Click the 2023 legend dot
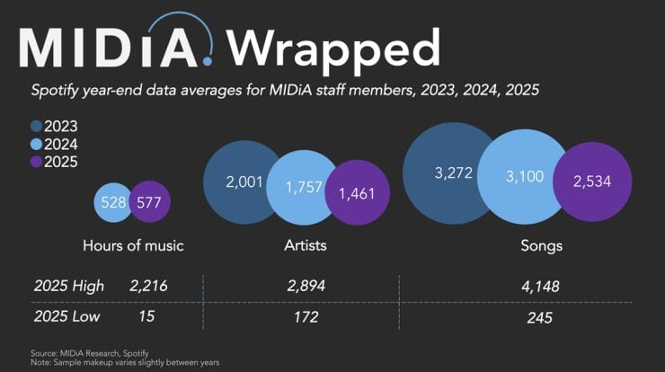(37, 127)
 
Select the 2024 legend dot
(37, 144)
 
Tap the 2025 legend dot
(37, 162)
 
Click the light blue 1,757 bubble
(303, 188)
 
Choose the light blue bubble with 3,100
(525, 179)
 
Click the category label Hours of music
(133, 245)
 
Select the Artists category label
(305, 245)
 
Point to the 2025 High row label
(69, 286)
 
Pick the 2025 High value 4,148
(538, 286)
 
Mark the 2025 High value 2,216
(148, 286)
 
